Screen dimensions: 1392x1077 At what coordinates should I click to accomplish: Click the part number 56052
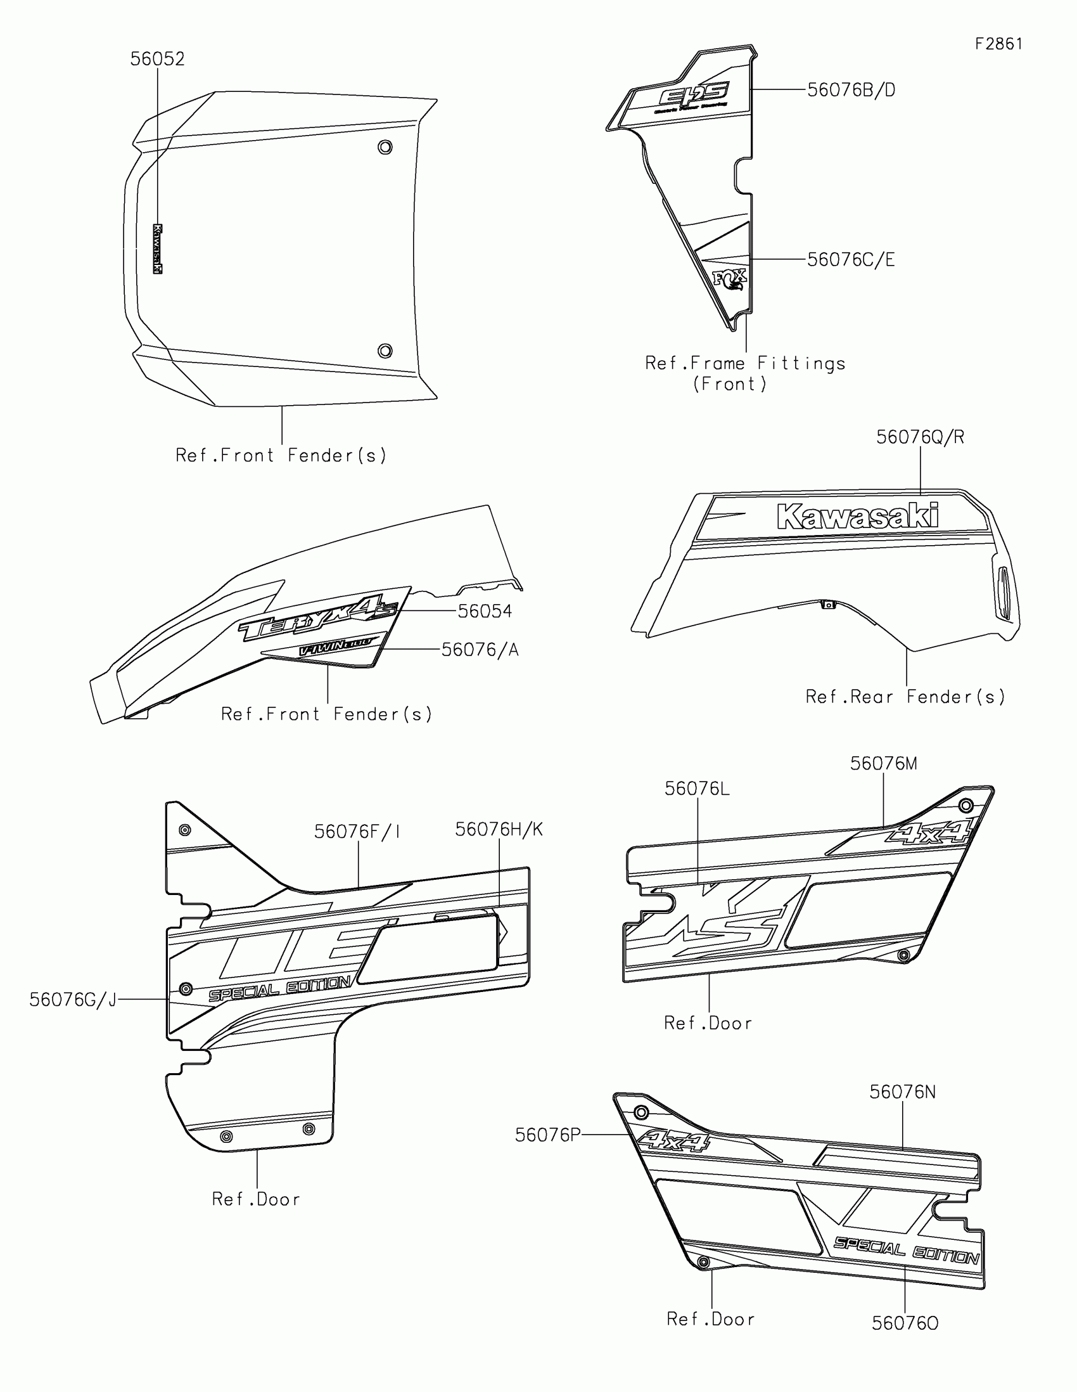pos(157,60)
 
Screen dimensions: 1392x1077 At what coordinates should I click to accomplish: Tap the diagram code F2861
pos(998,44)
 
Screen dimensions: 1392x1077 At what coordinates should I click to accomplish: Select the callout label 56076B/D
pos(851,91)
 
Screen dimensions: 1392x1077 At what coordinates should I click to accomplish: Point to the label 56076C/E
pos(851,260)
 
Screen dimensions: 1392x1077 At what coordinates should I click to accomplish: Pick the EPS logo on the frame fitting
pos(694,96)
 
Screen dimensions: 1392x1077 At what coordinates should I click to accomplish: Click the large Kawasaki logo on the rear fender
pos(857,517)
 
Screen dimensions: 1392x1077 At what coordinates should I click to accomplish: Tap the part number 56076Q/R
pos(920,437)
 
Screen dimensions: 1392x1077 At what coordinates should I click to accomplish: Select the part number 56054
pos(485,611)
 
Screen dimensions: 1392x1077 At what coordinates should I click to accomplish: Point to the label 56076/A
pos(480,650)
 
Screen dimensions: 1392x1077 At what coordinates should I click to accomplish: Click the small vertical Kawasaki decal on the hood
pos(157,248)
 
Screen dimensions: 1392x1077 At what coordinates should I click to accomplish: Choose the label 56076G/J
pos(73,1000)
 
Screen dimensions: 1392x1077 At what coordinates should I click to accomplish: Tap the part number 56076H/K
pos(499,830)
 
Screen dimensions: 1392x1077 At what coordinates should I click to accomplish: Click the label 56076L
pos(697,789)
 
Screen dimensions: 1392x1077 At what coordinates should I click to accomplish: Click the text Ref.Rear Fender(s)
pos(905,697)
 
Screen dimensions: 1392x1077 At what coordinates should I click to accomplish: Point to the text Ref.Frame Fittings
pos(745,364)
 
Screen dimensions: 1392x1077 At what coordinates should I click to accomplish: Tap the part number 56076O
pos(905,1324)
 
